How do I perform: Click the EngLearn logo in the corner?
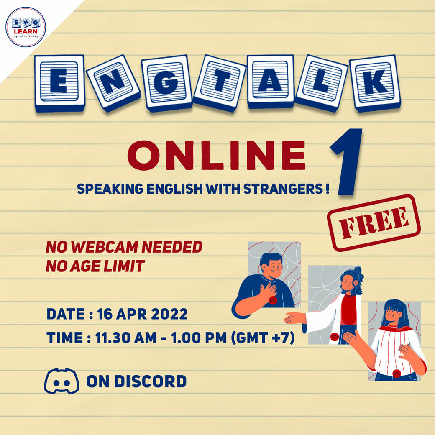[x=26, y=27]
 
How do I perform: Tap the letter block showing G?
[x=166, y=83]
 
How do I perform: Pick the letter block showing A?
[x=270, y=81]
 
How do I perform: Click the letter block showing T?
[x=219, y=82]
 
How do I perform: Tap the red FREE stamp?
[x=374, y=223]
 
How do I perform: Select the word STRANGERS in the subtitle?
[x=283, y=189]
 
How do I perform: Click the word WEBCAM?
[x=105, y=247]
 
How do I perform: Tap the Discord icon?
[x=61, y=381]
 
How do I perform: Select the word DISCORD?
[x=150, y=381]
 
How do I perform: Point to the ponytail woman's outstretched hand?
[x=294, y=318]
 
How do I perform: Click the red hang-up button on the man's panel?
[x=273, y=300]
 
